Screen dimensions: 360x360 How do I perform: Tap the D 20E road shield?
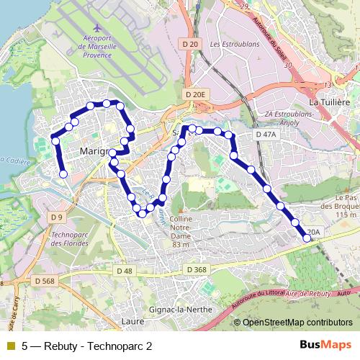click(x=194, y=94)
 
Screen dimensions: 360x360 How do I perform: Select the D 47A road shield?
click(x=266, y=135)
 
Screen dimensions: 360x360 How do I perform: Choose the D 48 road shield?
click(x=124, y=270)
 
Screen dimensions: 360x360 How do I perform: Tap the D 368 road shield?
click(x=196, y=269)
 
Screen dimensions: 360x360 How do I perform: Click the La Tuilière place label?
click(x=328, y=103)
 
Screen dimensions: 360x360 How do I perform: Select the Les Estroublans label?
click(x=235, y=44)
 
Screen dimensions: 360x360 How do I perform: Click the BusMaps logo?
click(x=325, y=346)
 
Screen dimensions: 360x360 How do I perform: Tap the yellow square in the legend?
click(x=10, y=346)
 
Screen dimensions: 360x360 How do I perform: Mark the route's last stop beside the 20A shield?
click(x=308, y=238)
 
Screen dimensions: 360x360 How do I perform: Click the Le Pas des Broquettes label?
click(x=346, y=205)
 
